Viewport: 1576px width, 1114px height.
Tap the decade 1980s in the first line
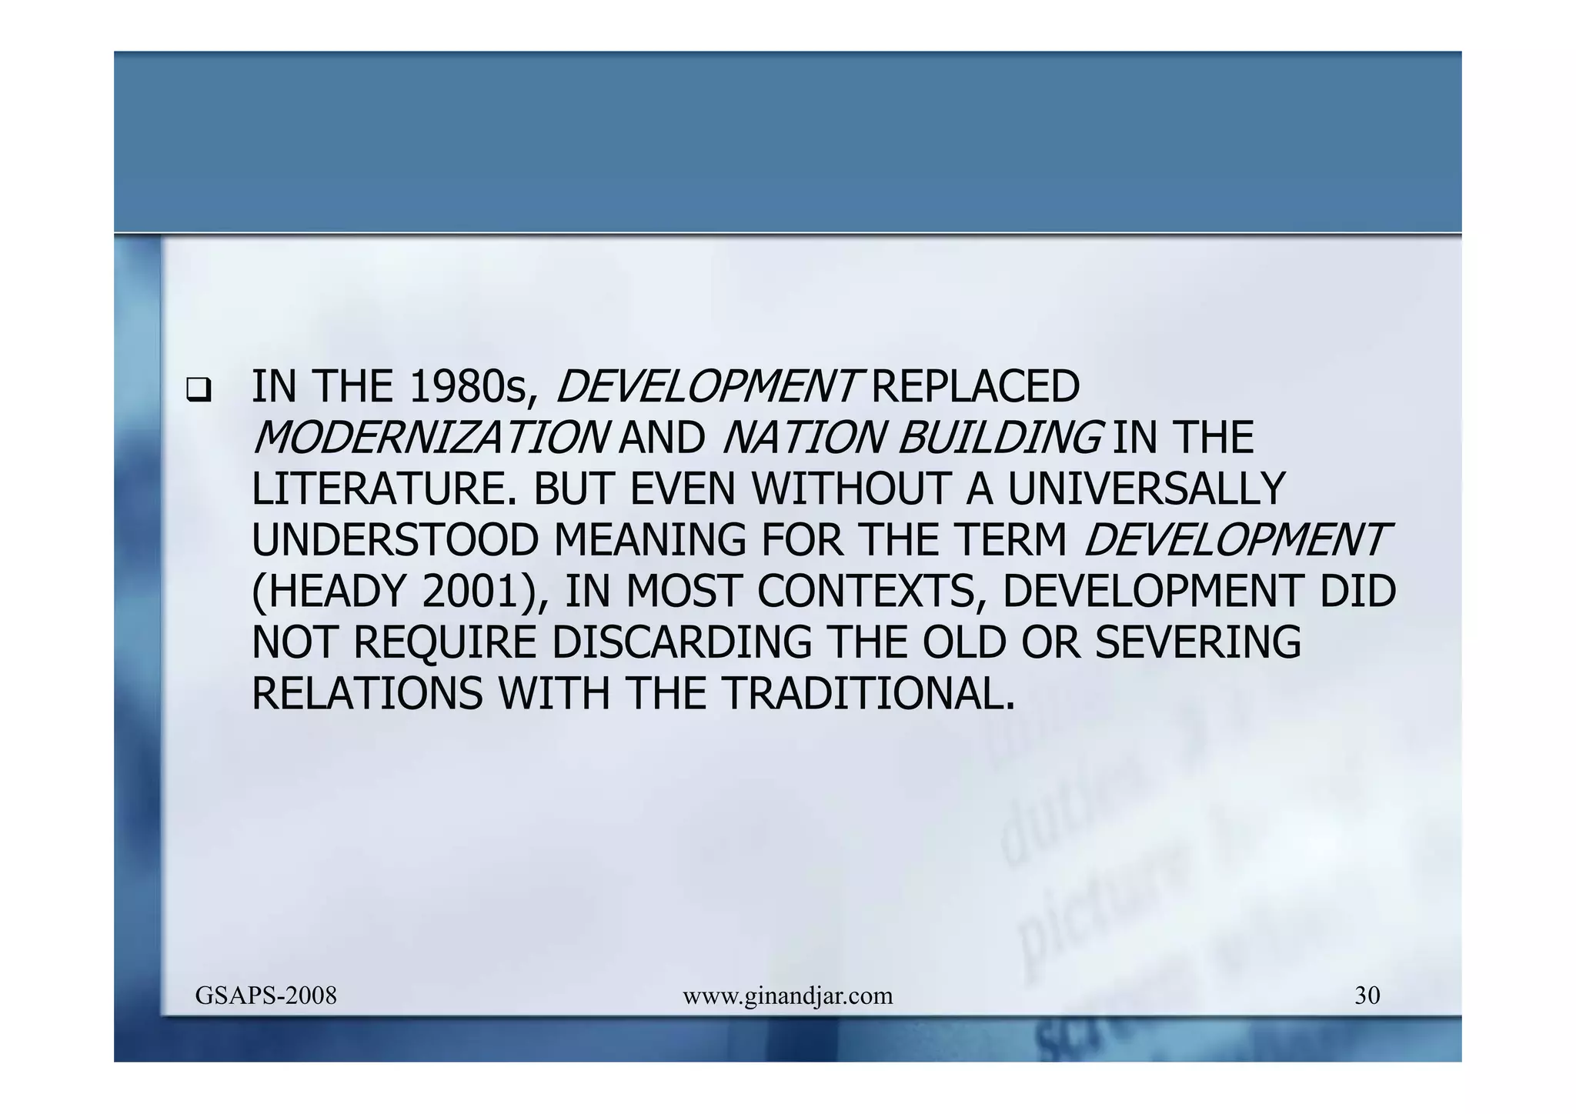pos(469,387)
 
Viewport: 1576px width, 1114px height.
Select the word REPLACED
pos(975,387)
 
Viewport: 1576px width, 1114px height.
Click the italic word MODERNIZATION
pos(429,439)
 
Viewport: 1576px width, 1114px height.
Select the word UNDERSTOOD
pos(395,541)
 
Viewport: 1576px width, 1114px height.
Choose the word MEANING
pos(649,541)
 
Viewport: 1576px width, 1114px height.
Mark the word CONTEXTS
pos(871,592)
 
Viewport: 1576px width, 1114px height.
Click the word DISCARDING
pos(682,643)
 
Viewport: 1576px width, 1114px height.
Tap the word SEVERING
pos(1197,643)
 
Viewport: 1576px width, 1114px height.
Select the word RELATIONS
pos(367,694)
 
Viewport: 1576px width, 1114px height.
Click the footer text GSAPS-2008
pos(266,996)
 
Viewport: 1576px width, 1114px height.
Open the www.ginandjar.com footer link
pos(788,996)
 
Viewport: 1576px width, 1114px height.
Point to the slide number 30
pos(1367,996)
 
